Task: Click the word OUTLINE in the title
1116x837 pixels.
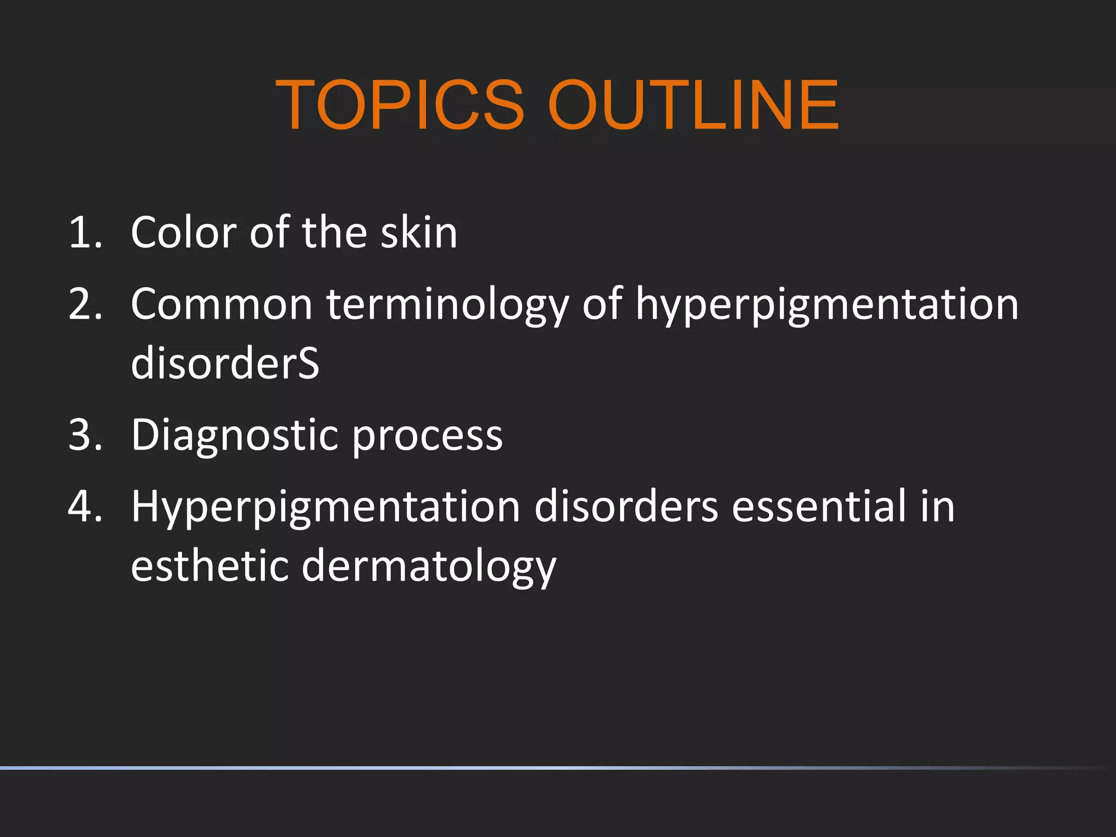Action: click(x=693, y=105)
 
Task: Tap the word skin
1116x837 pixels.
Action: click(x=418, y=233)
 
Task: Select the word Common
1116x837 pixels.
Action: click(x=221, y=304)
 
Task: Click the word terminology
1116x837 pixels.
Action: click(x=447, y=305)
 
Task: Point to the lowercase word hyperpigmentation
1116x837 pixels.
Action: click(x=827, y=305)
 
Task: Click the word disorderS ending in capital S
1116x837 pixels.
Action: click(x=225, y=363)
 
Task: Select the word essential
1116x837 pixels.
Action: click(x=819, y=506)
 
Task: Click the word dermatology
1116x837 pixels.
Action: click(x=429, y=567)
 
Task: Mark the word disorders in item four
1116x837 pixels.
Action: click(x=626, y=506)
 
